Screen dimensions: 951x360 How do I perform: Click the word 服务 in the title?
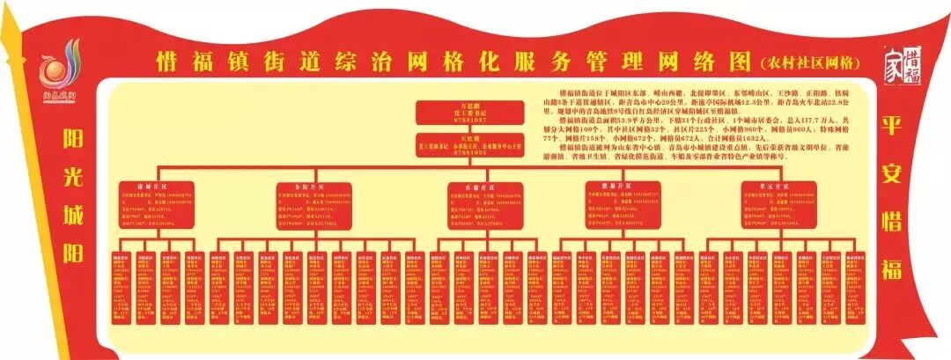tap(509, 62)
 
